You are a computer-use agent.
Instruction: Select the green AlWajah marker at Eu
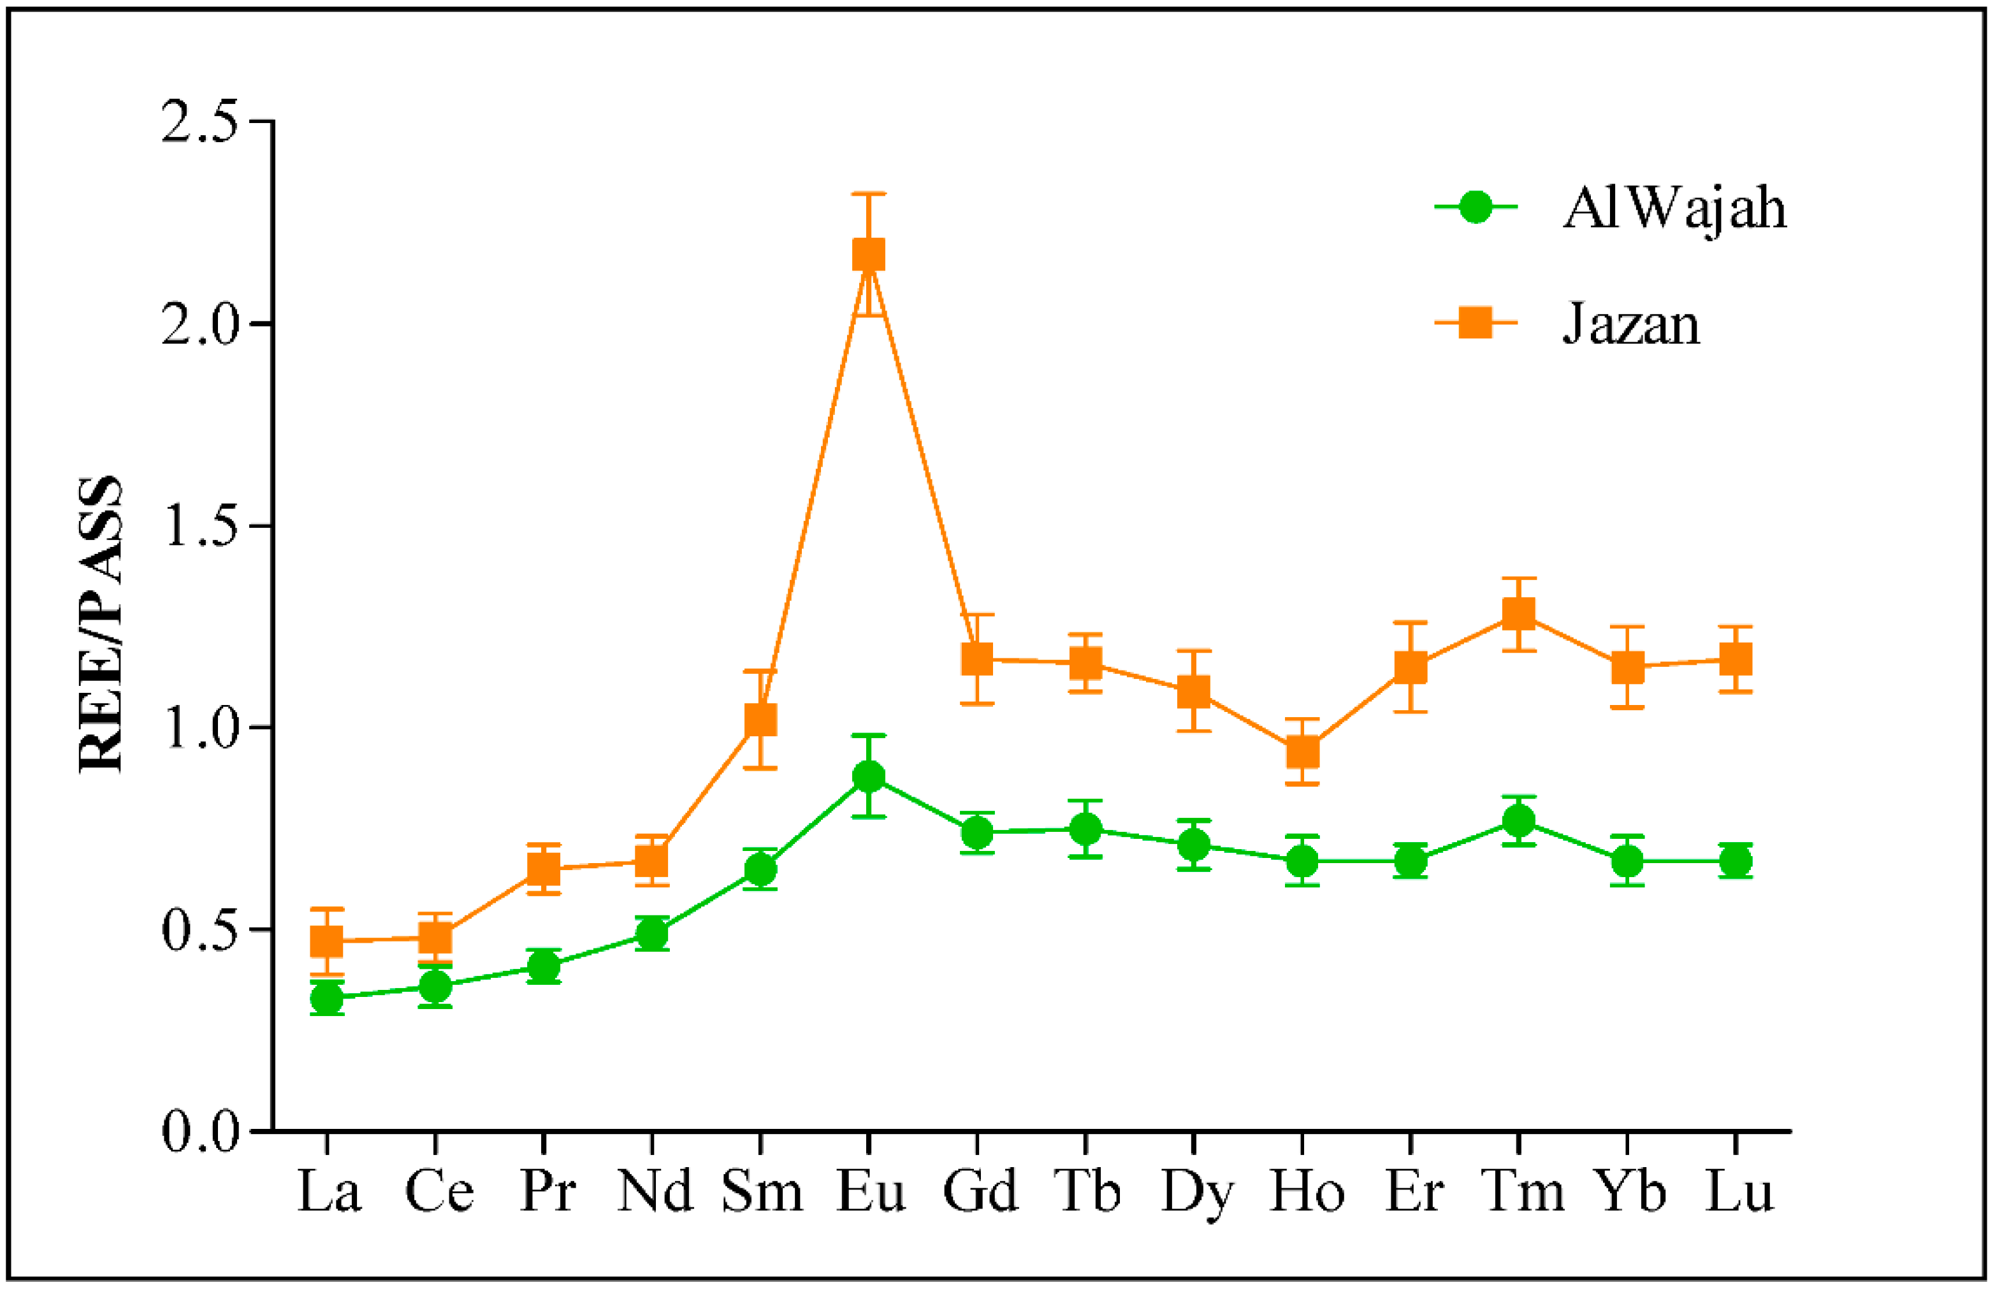(868, 776)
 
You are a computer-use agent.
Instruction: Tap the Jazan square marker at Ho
(1302, 752)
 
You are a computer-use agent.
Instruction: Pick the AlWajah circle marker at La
(326, 998)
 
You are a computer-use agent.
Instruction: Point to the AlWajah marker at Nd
(651, 933)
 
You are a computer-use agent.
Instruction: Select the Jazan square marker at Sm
(760, 719)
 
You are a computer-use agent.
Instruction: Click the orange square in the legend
(1476, 322)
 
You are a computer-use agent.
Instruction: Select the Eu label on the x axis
(871, 1191)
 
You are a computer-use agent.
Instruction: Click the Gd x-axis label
(979, 1191)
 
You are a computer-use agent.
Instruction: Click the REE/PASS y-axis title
(101, 625)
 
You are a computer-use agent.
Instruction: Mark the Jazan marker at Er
(1411, 667)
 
